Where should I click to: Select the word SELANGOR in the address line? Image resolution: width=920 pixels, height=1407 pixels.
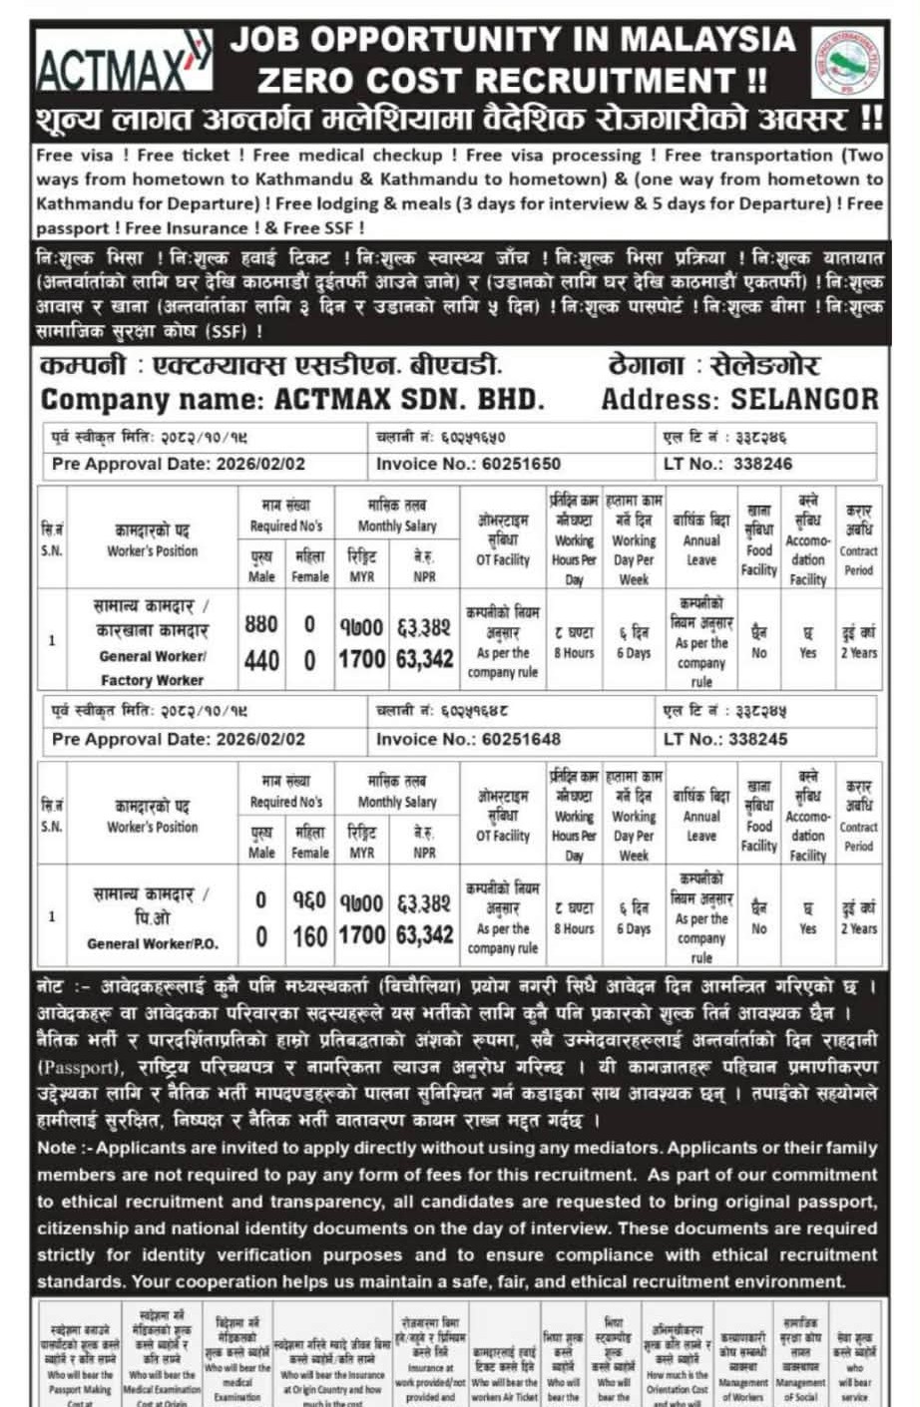coord(804,399)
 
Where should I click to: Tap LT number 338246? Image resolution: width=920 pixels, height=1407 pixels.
coord(762,464)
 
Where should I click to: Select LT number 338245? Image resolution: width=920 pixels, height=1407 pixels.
coord(762,740)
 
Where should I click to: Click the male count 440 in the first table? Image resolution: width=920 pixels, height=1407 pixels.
coord(261,660)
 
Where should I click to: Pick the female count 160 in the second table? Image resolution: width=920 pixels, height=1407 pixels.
coord(310,936)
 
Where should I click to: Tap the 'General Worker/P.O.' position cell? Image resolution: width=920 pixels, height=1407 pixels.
coord(152,943)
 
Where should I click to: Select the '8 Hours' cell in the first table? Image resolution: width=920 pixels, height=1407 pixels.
coord(574,653)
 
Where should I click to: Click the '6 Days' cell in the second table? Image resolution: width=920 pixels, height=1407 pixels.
coord(634,928)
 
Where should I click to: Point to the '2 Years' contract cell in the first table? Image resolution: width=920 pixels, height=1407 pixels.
coord(858,653)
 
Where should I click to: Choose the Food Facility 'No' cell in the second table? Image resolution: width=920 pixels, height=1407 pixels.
coord(759,928)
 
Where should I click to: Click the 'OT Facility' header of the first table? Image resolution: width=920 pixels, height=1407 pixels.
coord(503,560)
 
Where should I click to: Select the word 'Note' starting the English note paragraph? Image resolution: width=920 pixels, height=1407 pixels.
coord(56,1148)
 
